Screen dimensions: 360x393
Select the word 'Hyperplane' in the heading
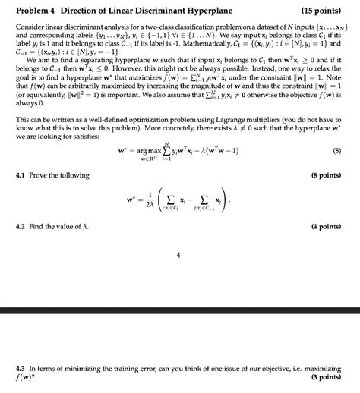pyautogui.click(x=191, y=11)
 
